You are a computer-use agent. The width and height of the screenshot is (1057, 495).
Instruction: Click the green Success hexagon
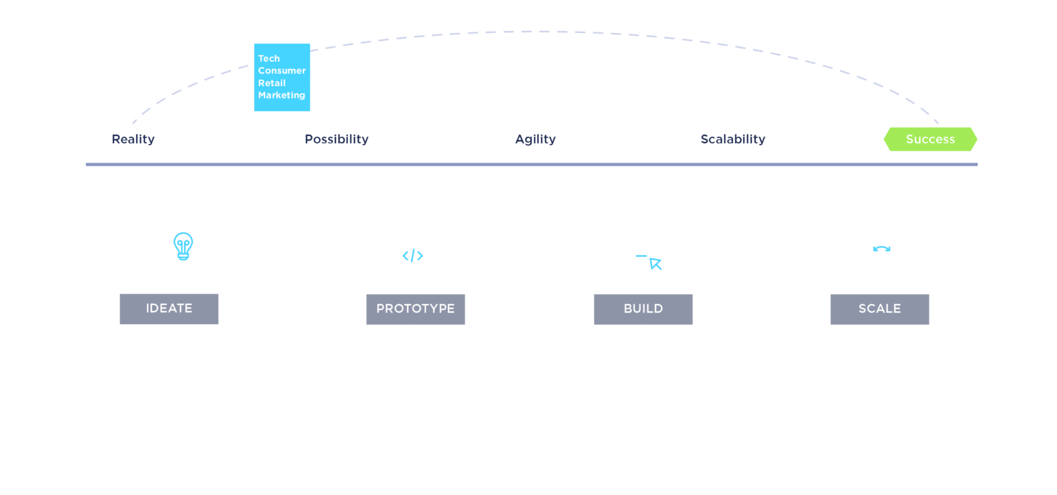930,139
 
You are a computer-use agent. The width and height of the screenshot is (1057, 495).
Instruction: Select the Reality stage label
133,139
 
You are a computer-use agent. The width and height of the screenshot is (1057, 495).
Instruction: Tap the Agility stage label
535,139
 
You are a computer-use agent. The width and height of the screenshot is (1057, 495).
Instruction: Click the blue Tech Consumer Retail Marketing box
282,77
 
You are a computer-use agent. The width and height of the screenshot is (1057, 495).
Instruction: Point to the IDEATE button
169,309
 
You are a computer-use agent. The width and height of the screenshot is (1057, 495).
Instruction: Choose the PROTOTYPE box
415,309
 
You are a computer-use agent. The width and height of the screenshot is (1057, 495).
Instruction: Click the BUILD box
643,309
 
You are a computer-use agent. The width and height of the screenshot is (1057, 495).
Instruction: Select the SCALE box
879,309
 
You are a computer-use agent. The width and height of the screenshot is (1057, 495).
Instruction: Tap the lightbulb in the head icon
183,245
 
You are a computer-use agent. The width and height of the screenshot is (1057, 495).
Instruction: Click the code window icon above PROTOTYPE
412,254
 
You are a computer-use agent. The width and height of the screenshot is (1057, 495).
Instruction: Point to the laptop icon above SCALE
879,253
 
